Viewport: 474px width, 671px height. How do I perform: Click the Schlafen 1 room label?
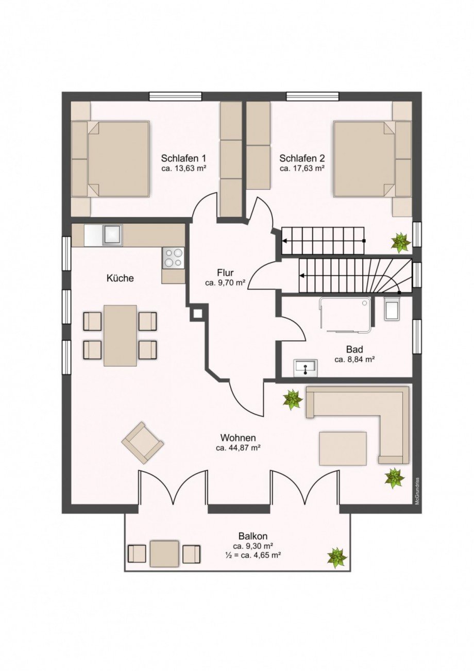(183, 158)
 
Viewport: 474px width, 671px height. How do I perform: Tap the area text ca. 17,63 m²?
(302, 168)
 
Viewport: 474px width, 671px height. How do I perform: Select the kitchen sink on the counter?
(112, 235)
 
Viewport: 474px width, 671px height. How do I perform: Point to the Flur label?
(225, 273)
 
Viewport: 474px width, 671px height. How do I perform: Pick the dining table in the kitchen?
(120, 335)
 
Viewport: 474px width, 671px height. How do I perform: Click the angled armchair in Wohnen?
(143, 442)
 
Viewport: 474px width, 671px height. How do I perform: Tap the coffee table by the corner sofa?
(343, 448)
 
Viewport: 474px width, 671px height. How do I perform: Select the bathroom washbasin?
(306, 368)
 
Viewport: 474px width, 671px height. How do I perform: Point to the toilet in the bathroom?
(391, 309)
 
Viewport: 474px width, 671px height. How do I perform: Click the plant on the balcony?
(337, 557)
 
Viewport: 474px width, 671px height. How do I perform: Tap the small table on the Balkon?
(164, 553)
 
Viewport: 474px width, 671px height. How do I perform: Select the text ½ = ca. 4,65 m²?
(252, 555)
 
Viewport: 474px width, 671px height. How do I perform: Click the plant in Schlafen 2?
(400, 242)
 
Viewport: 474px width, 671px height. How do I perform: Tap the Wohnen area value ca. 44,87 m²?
(238, 448)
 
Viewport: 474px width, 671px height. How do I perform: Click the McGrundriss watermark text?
(418, 490)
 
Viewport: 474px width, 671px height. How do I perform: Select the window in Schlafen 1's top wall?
(175, 96)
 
